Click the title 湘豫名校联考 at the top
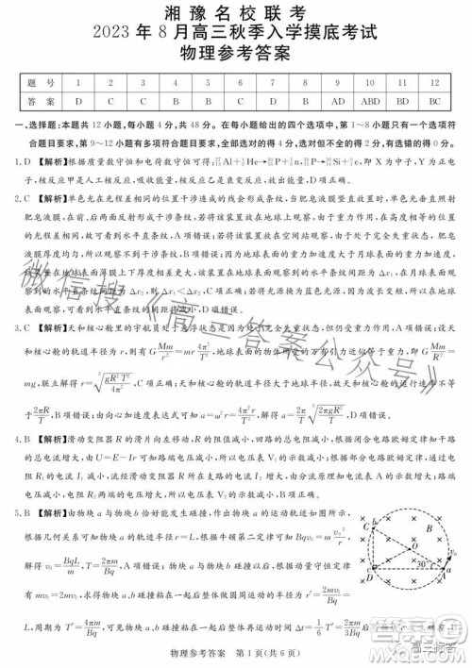coord(236,13)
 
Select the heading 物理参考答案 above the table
coord(236,58)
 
